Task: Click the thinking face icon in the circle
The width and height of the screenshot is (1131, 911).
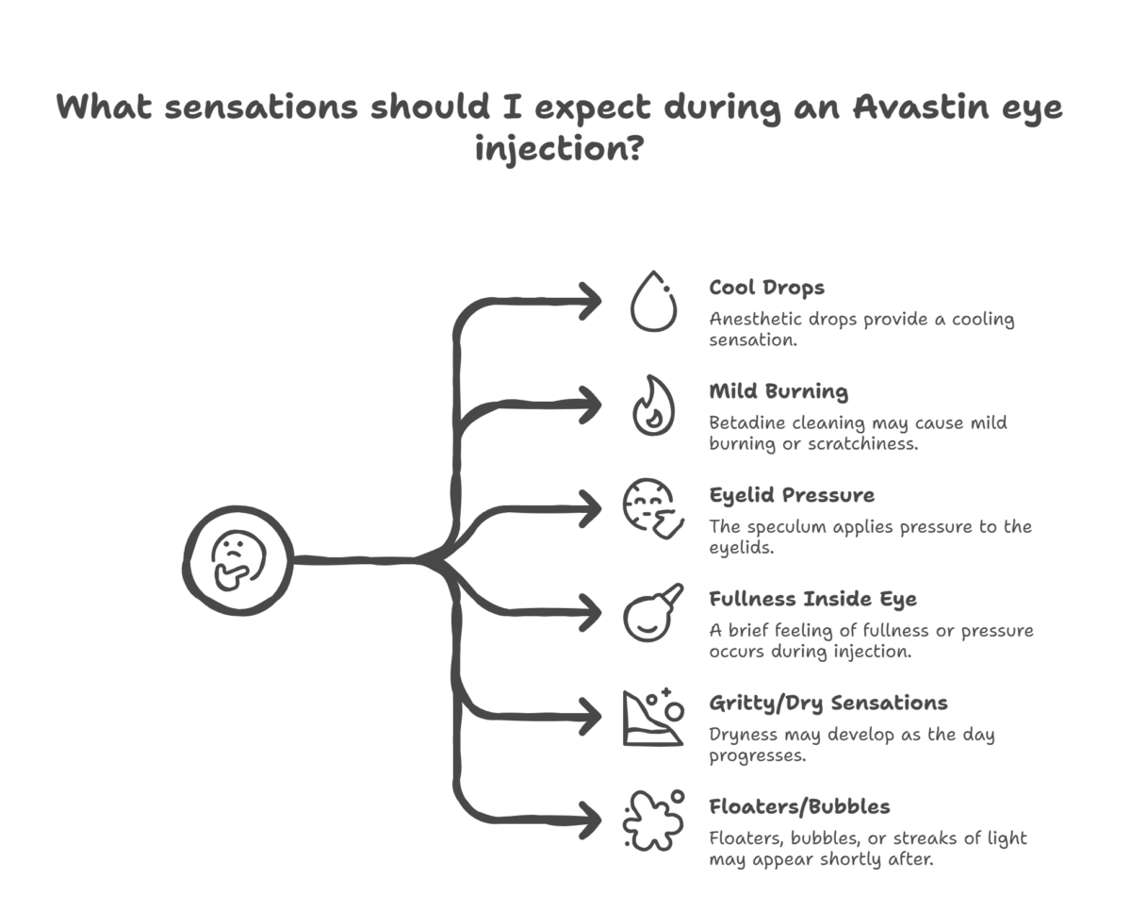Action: coord(238,561)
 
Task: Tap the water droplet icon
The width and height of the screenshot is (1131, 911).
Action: coord(653,302)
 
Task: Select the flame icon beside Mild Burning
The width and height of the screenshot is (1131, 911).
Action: coord(653,405)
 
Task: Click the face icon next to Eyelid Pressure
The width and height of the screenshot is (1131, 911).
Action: coord(653,508)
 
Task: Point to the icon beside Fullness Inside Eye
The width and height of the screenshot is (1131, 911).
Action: coord(653,612)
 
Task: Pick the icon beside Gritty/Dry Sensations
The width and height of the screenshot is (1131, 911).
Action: coord(653,717)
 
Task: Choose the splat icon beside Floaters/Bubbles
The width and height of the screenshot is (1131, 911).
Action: coord(653,820)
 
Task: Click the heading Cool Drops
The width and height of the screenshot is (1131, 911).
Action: coord(767,288)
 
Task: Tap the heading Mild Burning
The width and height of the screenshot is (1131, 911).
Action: coord(779,392)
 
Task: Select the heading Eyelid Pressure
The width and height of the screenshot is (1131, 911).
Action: coord(792,495)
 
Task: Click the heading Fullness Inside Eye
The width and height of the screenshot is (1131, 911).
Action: coord(812,599)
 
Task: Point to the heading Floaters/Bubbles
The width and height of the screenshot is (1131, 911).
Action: coord(799,807)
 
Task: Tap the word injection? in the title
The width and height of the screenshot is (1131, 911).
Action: coord(559,149)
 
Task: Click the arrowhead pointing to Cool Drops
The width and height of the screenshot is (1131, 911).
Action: coord(591,302)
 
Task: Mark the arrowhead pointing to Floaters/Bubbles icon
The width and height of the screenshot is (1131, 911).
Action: coord(591,820)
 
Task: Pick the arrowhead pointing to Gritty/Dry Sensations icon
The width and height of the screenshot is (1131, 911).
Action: coord(591,717)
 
